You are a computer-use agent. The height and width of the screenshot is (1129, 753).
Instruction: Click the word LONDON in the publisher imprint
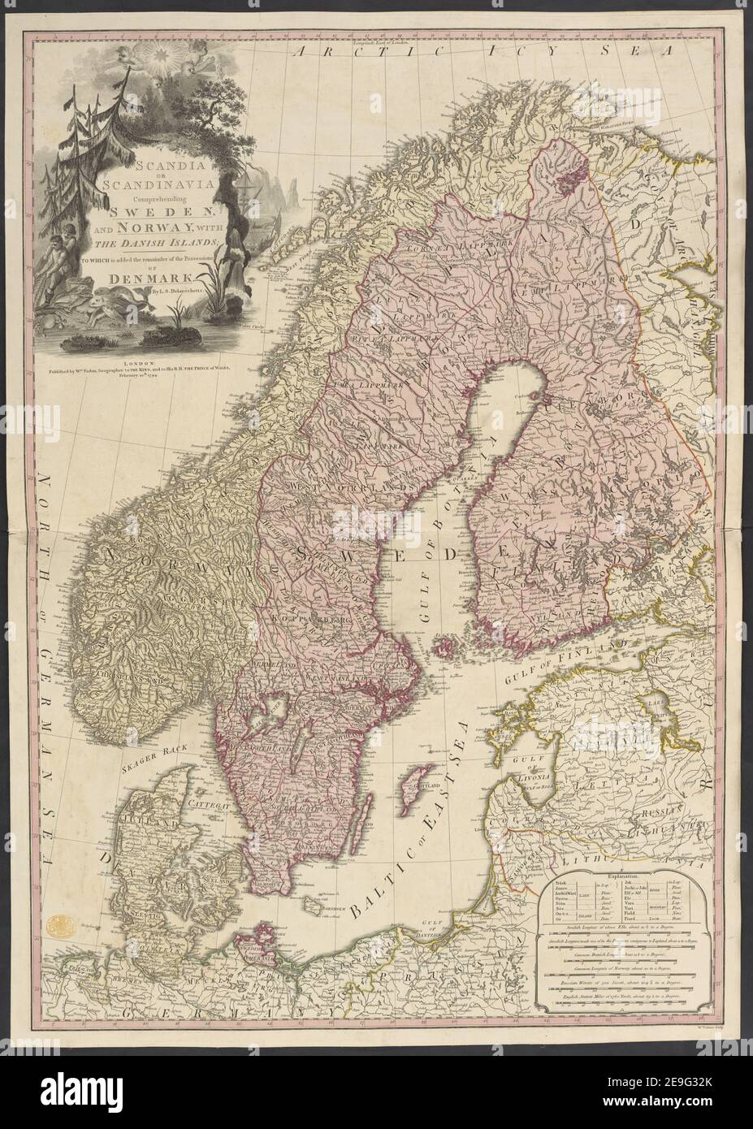pos(137,344)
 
